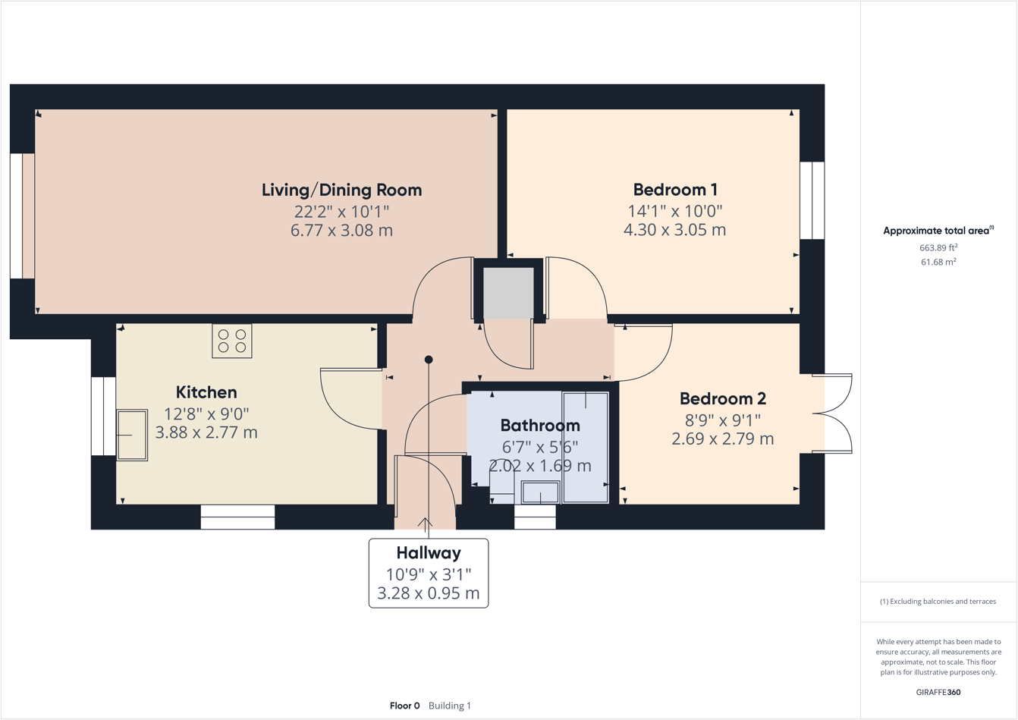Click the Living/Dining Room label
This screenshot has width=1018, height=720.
tap(341, 190)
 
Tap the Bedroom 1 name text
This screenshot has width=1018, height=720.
tap(675, 190)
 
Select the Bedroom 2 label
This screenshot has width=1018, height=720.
tap(722, 398)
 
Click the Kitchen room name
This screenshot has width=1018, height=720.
tap(206, 392)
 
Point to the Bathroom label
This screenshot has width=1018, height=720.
tap(539, 426)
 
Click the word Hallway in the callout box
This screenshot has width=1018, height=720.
tap(428, 553)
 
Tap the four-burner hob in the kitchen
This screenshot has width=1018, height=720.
tap(232, 341)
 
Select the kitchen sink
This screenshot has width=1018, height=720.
tap(132, 435)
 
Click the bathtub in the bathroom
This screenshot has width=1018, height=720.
tap(585, 447)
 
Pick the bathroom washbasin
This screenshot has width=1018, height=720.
tap(540, 492)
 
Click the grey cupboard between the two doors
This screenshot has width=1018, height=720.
tap(508, 292)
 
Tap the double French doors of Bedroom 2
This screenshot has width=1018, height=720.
tap(832, 413)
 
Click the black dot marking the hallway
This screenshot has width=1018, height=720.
tap(429, 360)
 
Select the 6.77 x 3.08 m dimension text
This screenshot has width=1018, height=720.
tap(341, 231)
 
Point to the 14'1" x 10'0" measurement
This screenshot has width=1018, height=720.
tap(675, 211)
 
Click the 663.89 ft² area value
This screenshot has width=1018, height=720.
tap(938, 247)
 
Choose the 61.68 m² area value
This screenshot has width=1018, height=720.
tap(938, 262)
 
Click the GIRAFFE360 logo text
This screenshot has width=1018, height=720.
tap(938, 692)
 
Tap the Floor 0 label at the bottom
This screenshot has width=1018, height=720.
tap(404, 706)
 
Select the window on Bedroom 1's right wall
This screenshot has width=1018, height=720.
tap(812, 200)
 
